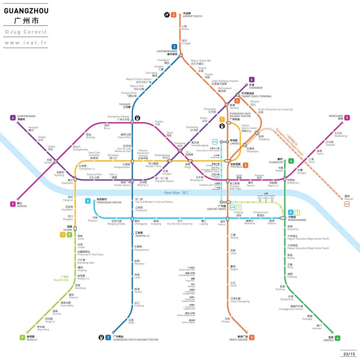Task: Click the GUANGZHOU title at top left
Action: click(26, 10)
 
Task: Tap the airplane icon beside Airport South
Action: click(167, 15)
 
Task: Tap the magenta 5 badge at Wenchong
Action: click(347, 117)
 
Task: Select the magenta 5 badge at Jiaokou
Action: click(13, 204)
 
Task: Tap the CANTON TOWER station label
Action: click(213, 209)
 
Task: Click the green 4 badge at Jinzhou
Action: click(338, 338)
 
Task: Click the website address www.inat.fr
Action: click(26, 42)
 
